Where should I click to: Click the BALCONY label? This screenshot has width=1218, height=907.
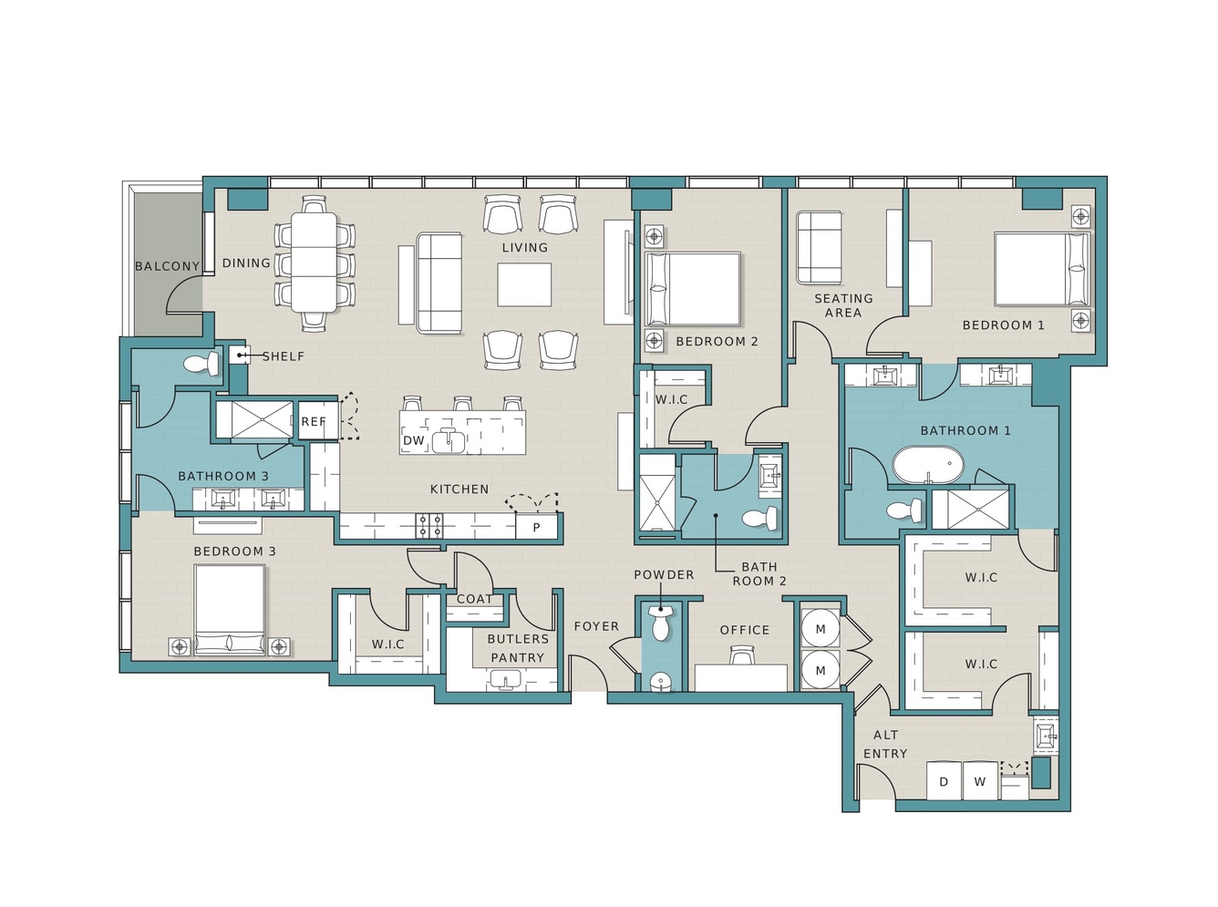(168, 266)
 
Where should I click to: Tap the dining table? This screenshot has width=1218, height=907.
(314, 262)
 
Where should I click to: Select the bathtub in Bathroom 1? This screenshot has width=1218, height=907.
(927, 465)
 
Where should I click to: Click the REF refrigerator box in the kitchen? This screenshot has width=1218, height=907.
(317, 420)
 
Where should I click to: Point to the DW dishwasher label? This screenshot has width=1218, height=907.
(414, 440)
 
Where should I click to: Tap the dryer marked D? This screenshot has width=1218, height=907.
(944, 780)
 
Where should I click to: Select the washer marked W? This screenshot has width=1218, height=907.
(980, 780)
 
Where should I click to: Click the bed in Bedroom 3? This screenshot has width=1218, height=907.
(230, 610)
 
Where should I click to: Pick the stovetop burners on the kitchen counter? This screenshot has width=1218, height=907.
(429, 525)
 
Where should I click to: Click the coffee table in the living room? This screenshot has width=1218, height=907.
(524, 284)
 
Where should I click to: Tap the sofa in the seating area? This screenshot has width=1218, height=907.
(819, 248)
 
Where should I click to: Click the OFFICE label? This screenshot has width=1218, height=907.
(745, 630)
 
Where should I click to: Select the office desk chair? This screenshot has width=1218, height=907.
(741, 654)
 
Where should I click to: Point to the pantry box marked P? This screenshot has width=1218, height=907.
(536, 527)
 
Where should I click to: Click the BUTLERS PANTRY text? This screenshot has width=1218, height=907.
(517, 648)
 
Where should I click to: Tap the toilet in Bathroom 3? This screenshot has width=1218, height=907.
(201, 364)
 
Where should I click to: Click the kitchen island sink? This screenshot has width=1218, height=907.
(449, 441)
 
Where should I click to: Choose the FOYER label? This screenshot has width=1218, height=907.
(596, 626)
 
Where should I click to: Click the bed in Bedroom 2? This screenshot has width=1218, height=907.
(692, 289)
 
